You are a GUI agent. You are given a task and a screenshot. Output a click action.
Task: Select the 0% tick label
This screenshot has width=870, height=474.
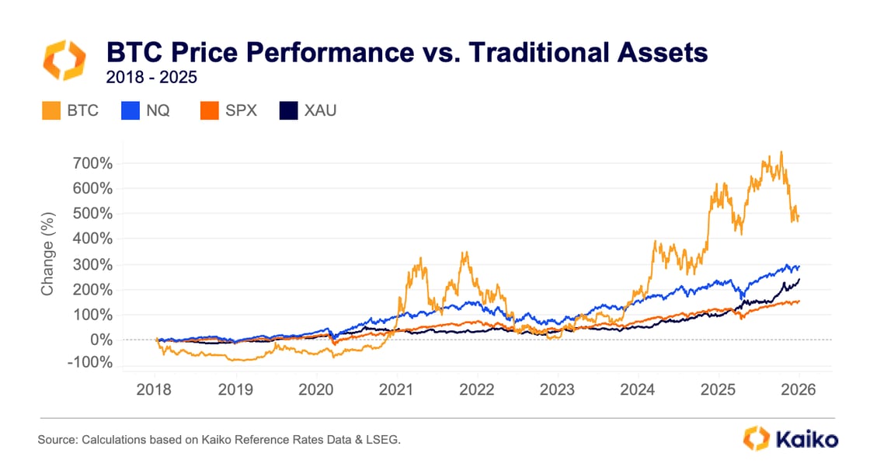coord(103,340)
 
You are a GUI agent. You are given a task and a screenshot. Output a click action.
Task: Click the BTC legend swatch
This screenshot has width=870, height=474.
coord(50,110)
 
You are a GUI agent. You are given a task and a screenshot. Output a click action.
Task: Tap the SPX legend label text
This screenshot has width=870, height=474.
coord(241,110)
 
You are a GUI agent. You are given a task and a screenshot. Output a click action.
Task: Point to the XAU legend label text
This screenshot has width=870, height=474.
coord(321,110)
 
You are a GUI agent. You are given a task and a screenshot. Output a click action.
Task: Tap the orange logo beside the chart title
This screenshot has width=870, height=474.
coord(61,61)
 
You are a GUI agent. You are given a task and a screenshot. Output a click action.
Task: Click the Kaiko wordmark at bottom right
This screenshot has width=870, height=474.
coord(806,439)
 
